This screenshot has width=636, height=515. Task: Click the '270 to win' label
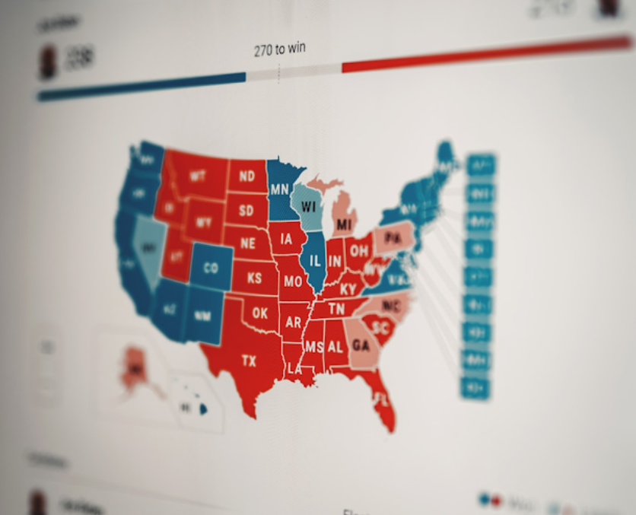[280, 50]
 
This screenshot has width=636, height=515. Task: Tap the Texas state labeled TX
[249, 361]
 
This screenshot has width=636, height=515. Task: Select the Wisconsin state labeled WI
[309, 207]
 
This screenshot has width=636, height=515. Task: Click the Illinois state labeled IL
[315, 261]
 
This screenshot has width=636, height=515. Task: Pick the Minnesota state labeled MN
[279, 189]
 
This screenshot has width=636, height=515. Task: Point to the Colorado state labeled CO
[210, 268]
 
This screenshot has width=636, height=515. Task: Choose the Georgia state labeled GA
[361, 345]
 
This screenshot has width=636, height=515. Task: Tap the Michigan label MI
[345, 224]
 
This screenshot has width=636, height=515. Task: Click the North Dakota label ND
[246, 177]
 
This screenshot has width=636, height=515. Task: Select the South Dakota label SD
[246, 210]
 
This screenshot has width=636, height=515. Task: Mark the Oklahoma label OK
[260, 313]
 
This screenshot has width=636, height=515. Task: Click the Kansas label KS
[254, 278]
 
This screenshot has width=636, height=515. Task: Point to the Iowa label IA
[286, 239]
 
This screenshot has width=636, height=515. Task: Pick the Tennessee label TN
[335, 308]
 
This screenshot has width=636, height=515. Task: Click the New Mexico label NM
[202, 315]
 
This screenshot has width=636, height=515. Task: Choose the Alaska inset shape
[135, 368]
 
